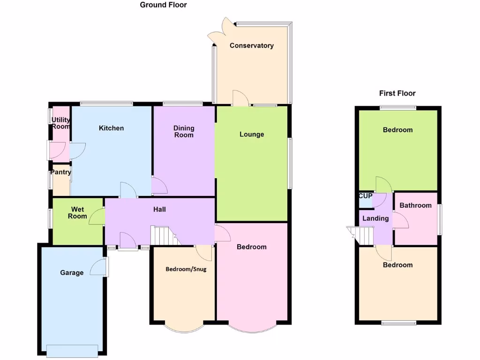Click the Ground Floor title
(163, 5)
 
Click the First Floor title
(397, 93)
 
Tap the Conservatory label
(251, 45)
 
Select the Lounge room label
(252, 135)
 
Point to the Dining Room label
(183, 132)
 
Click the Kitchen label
(111, 128)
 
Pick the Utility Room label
(60, 123)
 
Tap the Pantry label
(60, 172)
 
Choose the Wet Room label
(78, 212)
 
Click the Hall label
(159, 209)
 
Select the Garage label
(72, 272)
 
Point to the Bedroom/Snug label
(186, 269)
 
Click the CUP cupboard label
(365, 195)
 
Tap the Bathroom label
(415, 205)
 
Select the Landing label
(375, 218)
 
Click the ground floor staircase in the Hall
(162, 235)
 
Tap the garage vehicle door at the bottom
(72, 350)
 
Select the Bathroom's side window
(439, 219)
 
